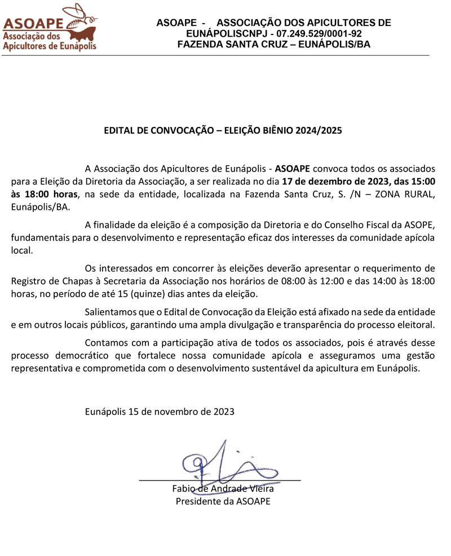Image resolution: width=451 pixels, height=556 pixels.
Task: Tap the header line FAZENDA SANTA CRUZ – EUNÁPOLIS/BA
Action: pyautogui.click(x=273, y=45)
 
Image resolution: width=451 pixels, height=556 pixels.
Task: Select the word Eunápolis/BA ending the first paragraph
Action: pyautogui.click(x=41, y=207)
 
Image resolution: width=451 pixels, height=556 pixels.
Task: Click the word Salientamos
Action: pyautogui.click(x=112, y=312)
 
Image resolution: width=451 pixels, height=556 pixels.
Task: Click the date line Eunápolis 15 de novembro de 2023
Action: pyautogui.click(x=160, y=411)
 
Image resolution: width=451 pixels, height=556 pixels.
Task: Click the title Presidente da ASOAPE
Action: pyautogui.click(x=223, y=501)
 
